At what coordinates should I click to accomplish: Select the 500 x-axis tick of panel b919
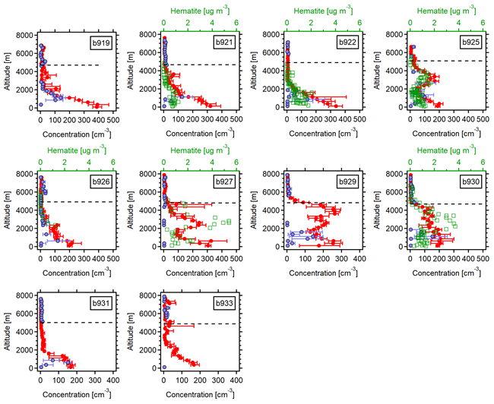click(112, 112)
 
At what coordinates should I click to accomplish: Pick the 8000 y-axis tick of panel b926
click(27, 174)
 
